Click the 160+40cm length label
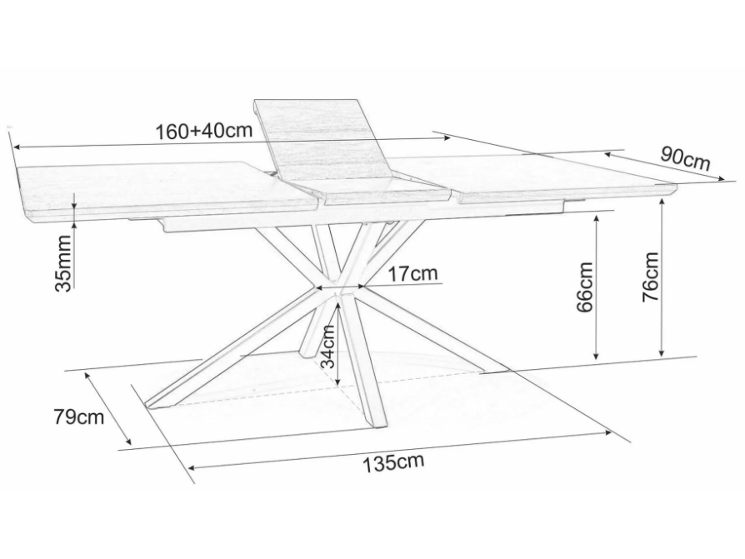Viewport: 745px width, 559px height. pyautogui.click(x=203, y=131)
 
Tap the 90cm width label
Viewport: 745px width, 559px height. pyautogui.click(x=685, y=157)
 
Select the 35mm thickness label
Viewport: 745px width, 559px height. pyautogui.click(x=63, y=262)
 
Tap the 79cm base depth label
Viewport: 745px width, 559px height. pyautogui.click(x=78, y=416)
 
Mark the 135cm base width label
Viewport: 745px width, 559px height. pyautogui.click(x=392, y=461)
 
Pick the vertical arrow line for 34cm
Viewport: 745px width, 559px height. pyautogui.click(x=338, y=342)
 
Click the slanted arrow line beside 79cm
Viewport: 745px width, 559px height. pyautogui.click(x=108, y=408)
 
